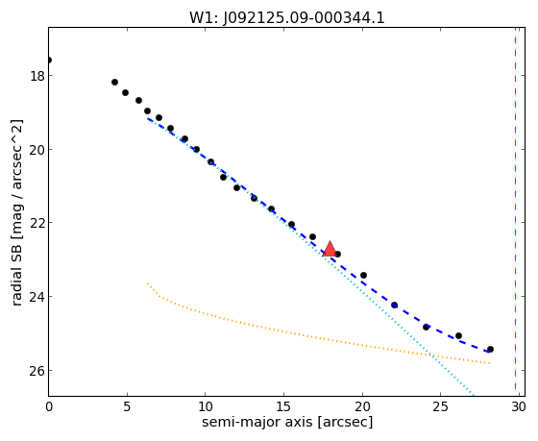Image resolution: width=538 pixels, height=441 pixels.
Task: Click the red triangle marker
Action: pyautogui.click(x=330, y=250)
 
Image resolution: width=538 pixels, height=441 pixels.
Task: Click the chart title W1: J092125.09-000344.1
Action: pyautogui.click(x=287, y=18)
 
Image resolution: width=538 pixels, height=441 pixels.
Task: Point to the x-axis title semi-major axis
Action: pyautogui.click(x=287, y=422)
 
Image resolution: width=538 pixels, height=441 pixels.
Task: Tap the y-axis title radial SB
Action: pyautogui.click(x=17, y=212)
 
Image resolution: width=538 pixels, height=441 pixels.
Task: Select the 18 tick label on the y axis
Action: pyautogui.click(x=37, y=76)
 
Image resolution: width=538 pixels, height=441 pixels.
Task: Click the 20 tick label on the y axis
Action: pyautogui.click(x=37, y=150)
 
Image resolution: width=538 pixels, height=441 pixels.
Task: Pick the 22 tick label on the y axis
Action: pyautogui.click(x=37, y=223)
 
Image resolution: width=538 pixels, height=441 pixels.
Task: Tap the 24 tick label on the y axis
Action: pyautogui.click(x=37, y=297)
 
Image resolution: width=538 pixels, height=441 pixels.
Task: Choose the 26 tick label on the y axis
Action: pyautogui.click(x=37, y=371)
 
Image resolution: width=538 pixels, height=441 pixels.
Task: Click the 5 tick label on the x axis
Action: pyautogui.click(x=127, y=407)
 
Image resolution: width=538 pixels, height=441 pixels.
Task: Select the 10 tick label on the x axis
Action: pyautogui.click(x=206, y=407)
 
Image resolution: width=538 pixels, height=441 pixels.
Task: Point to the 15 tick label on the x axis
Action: pyautogui.click(x=283, y=407)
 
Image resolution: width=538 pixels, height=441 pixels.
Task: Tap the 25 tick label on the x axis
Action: pyautogui.click(x=441, y=407)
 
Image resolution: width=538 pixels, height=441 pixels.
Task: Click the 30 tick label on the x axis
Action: pyautogui.click(x=519, y=407)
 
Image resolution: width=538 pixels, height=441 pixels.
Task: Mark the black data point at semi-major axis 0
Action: pyautogui.click(x=49, y=61)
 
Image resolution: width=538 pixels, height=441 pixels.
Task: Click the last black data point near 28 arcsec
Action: pyautogui.click(x=490, y=350)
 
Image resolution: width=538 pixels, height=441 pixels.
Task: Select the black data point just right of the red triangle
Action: pyautogui.click(x=337, y=255)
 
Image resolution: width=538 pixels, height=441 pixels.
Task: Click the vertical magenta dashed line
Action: pyautogui.click(x=515, y=208)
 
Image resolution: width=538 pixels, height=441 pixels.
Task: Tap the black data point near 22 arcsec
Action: pyautogui.click(x=395, y=306)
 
